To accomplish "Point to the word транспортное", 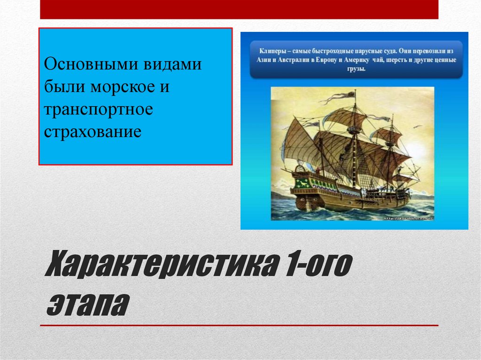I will (x=99, y=109).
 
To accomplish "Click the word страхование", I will (x=93, y=131).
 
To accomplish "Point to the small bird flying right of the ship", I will (x=417, y=126).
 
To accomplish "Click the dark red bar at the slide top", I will (x=239, y=9).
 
